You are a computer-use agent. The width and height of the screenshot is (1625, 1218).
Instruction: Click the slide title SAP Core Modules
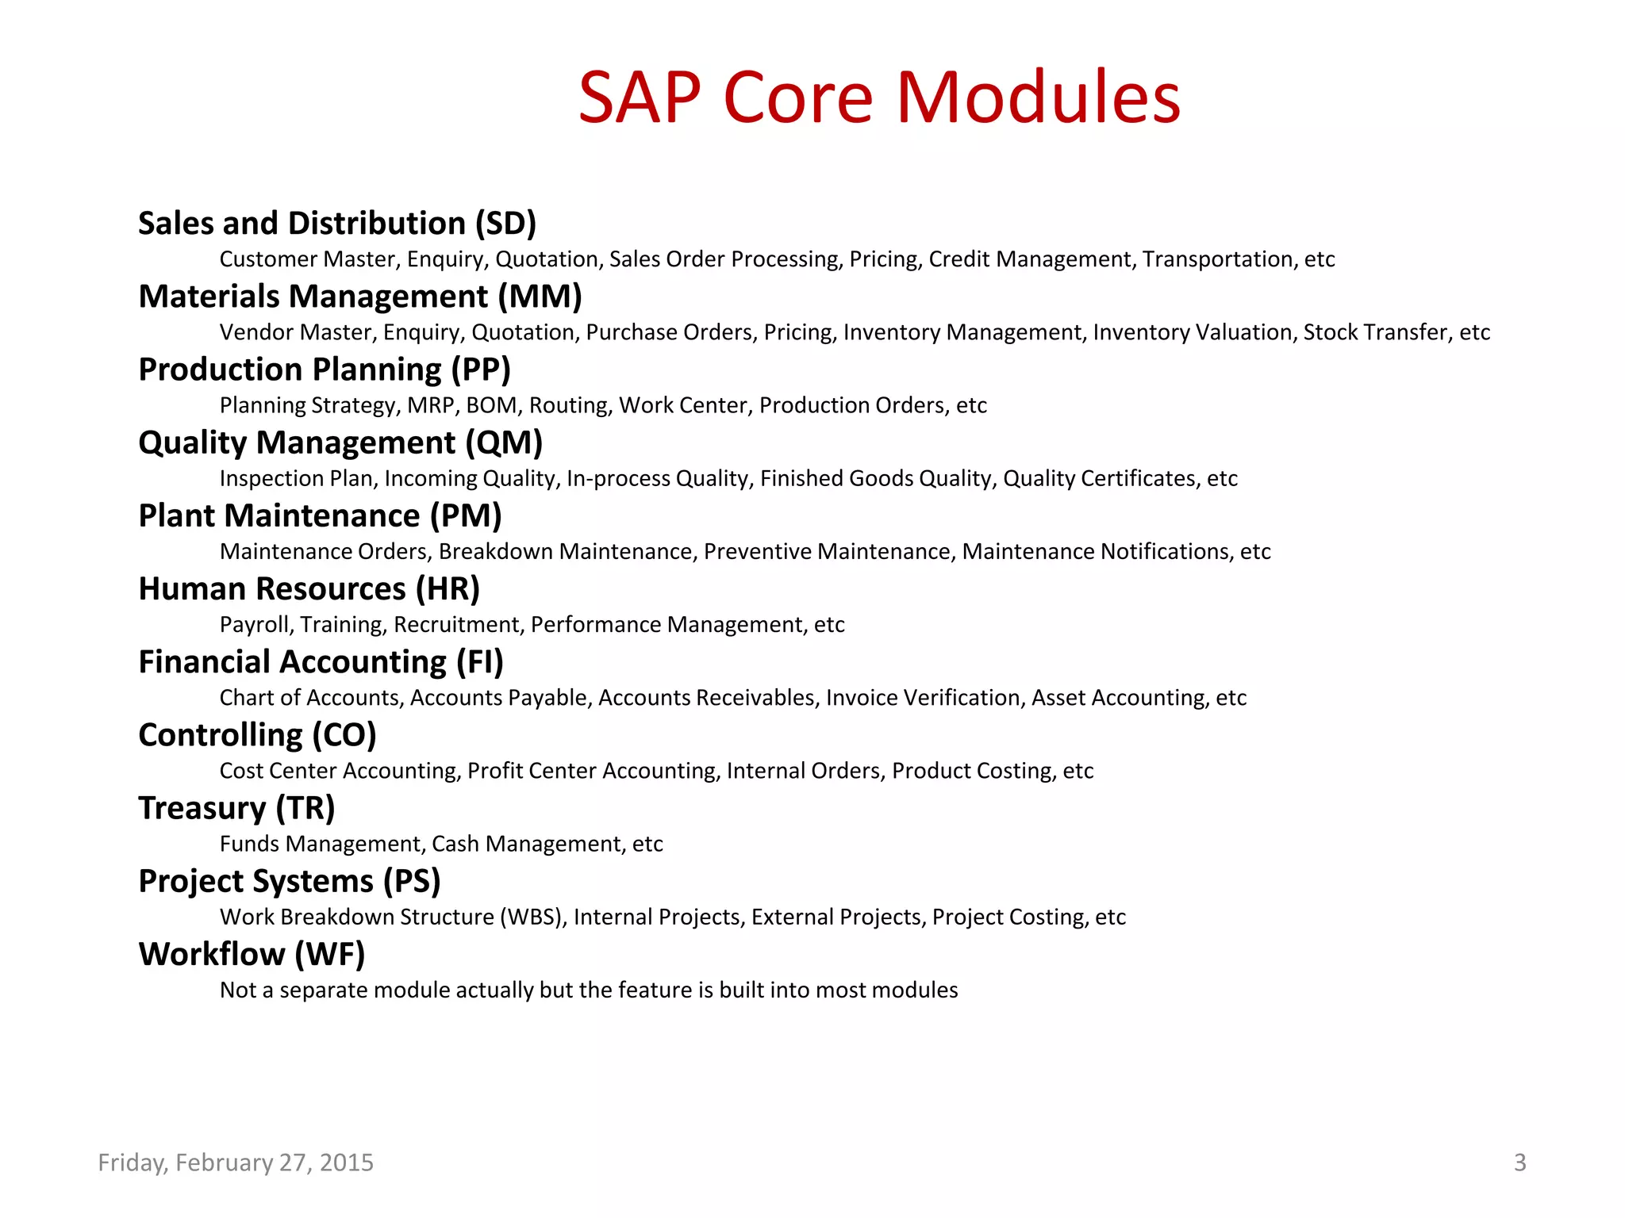(879, 98)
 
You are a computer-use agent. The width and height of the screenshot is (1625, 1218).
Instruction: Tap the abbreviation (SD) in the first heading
(505, 224)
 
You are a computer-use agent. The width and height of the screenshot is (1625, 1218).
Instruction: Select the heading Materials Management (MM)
(360, 297)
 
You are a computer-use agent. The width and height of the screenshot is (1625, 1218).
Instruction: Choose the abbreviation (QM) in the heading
(503, 442)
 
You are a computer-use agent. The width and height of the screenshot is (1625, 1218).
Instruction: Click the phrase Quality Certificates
(1099, 478)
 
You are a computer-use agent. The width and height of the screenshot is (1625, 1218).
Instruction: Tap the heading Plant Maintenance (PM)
(320, 516)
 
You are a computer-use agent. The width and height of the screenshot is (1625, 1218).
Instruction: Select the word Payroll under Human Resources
(255, 625)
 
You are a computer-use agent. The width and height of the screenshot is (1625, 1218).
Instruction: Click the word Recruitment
(458, 625)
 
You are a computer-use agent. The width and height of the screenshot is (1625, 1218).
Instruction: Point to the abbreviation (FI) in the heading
(479, 662)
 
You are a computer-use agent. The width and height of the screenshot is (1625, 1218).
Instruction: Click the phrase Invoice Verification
(923, 698)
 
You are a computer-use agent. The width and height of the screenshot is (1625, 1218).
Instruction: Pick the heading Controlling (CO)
(257, 735)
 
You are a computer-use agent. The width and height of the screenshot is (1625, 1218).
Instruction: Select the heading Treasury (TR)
(236, 808)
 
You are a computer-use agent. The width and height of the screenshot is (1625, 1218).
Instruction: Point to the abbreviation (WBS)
(532, 917)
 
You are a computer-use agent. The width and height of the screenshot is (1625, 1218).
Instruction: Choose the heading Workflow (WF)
(252, 954)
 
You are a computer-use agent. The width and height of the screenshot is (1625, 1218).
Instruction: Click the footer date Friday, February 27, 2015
(236, 1162)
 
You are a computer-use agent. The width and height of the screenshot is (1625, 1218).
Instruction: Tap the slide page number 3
(1519, 1162)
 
